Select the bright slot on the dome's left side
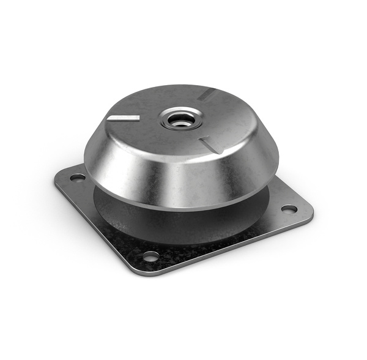[x=122, y=117]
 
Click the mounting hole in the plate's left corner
[x=78, y=178]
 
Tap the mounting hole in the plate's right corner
[x=289, y=209]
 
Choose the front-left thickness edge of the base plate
[x=92, y=233]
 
